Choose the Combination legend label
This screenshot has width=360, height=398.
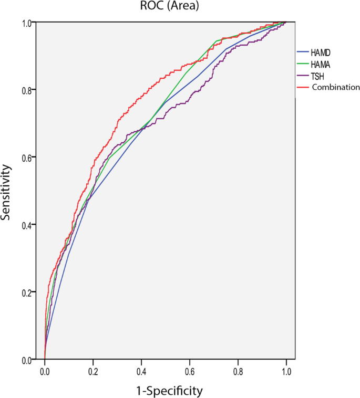pyautogui.click(x=335, y=87)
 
